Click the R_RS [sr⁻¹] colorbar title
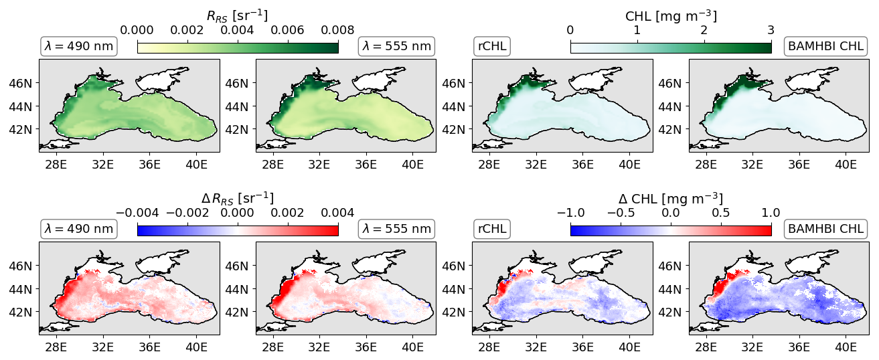[x=238, y=16]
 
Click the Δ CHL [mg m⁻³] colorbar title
[x=671, y=199]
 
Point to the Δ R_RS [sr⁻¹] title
[x=238, y=199]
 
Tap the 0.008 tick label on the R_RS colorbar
[x=337, y=30]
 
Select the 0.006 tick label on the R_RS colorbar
[x=288, y=30]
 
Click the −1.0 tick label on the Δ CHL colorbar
[x=570, y=213]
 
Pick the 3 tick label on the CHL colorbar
[x=771, y=30]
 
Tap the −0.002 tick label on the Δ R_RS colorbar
[x=187, y=213]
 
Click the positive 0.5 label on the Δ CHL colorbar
[x=721, y=213]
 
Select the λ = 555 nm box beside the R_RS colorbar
[x=396, y=46]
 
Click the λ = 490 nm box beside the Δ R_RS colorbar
[x=79, y=229]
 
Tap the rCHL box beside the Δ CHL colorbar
[x=492, y=229]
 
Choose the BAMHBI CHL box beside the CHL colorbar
[x=825, y=46]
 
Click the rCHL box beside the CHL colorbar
[x=492, y=46]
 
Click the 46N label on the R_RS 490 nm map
[x=21, y=83]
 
